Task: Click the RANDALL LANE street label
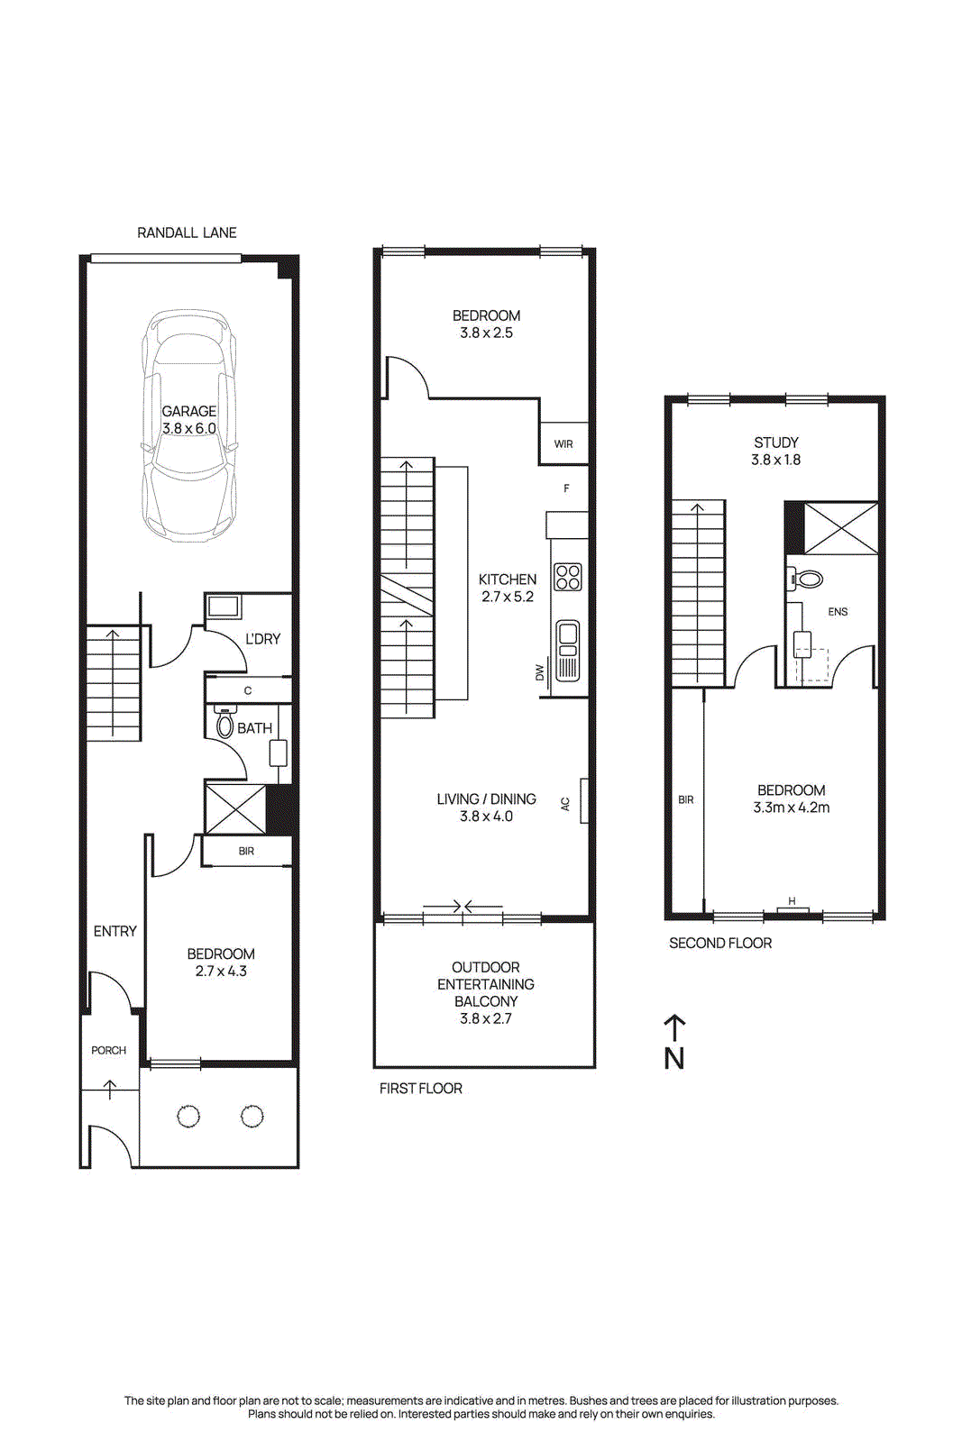[x=187, y=233]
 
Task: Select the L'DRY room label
[x=262, y=639]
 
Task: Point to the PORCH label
[x=108, y=1051]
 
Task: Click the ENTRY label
[x=115, y=932]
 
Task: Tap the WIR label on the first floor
[x=563, y=444]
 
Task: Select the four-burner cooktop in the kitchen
[x=568, y=577]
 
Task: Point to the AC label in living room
[x=565, y=804]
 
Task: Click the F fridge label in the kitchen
[x=566, y=488]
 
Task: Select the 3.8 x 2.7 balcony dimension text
[x=485, y=1019]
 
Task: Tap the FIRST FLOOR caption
[x=420, y=1089]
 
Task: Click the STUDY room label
[x=775, y=443]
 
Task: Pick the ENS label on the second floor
[x=838, y=612]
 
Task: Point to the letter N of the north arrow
[x=674, y=1059]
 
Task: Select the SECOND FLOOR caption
[x=719, y=944]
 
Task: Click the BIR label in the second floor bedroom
[x=685, y=800]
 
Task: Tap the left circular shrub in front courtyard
[x=188, y=1117]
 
